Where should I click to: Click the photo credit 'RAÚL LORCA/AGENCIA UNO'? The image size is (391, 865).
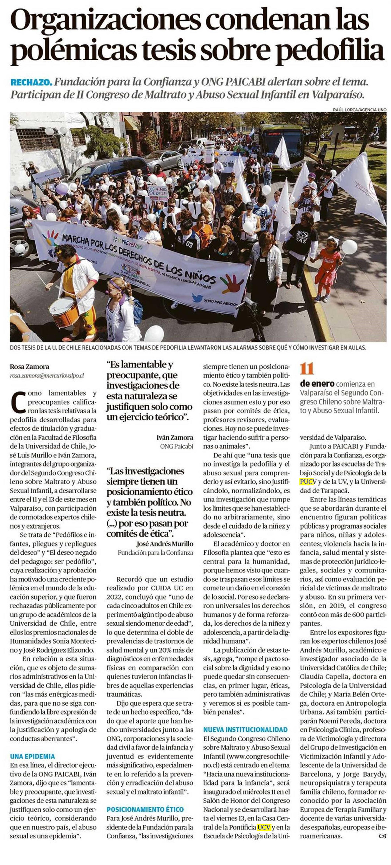click(x=360, y=110)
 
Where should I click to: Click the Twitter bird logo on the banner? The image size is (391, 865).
click(x=197, y=298)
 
